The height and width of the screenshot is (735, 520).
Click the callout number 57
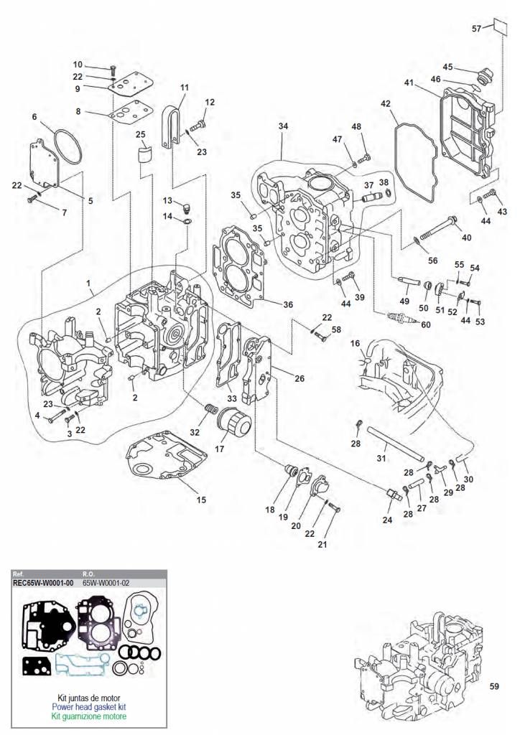tap(477, 29)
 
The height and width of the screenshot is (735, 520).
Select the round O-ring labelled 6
tap(65, 147)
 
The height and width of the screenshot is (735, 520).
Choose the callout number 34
tap(283, 126)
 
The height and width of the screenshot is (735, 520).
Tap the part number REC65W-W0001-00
tap(44, 583)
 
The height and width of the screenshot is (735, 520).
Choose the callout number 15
tap(201, 500)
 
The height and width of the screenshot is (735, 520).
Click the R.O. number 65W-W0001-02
tap(106, 583)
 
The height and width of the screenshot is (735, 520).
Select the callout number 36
tap(288, 304)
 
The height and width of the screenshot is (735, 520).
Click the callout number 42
tap(385, 103)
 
